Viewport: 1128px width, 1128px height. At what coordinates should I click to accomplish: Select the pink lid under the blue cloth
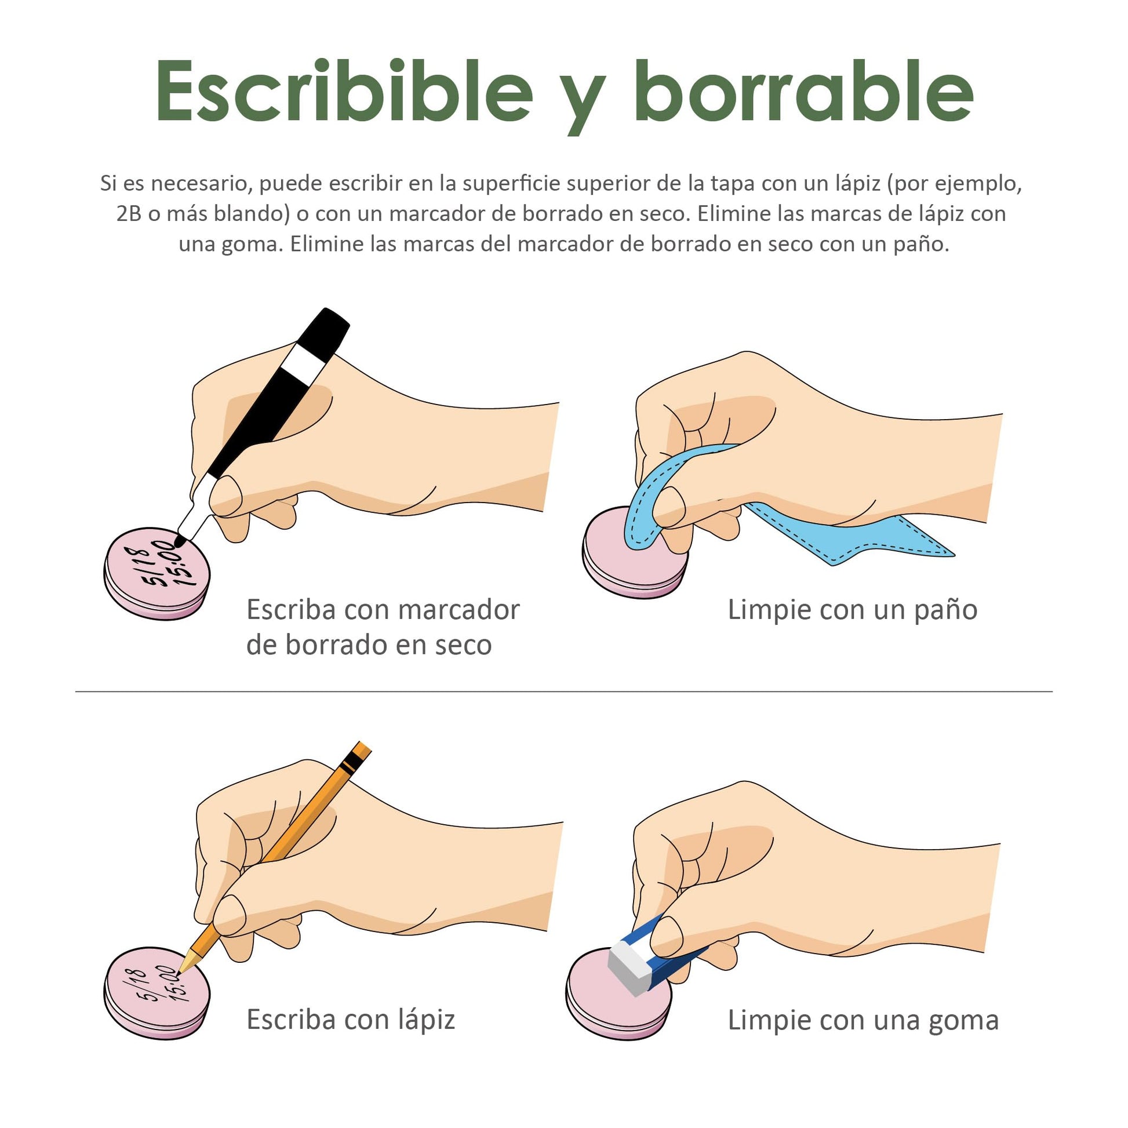635,552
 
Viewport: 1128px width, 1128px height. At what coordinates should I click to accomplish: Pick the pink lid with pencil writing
157,992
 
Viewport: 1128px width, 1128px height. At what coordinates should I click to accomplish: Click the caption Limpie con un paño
853,610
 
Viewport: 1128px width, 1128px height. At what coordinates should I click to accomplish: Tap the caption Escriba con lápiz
350,1020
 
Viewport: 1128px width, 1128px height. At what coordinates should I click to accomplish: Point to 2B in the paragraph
129,214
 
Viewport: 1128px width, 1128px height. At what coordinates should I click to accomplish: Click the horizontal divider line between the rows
564,692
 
